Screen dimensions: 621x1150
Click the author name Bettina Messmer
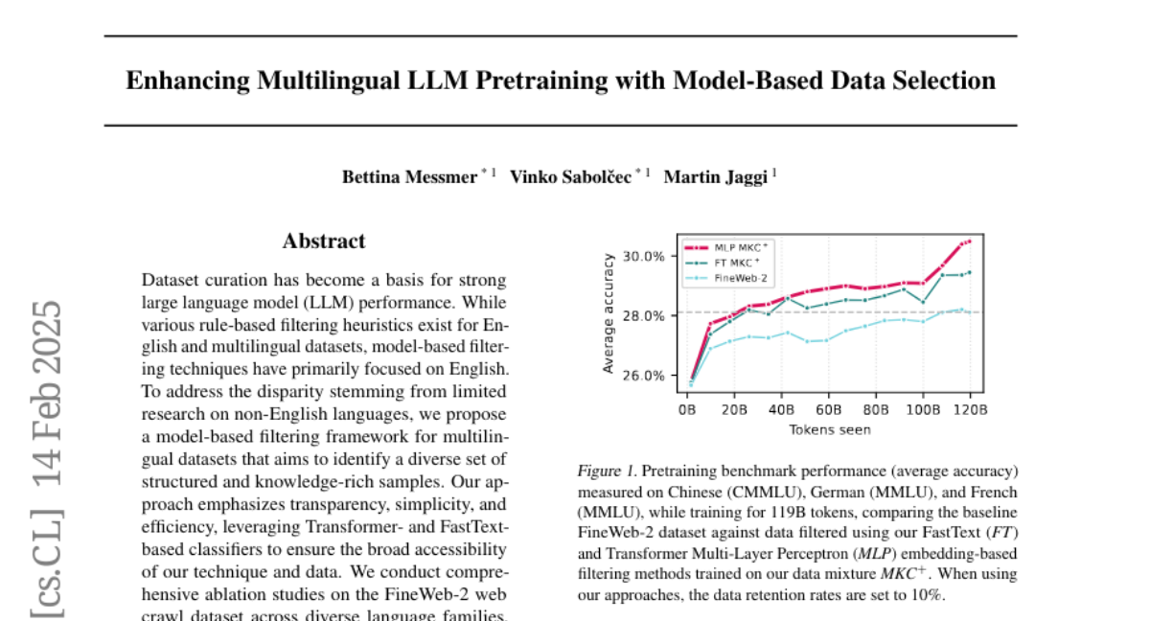click(410, 176)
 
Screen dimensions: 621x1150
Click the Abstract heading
click(324, 241)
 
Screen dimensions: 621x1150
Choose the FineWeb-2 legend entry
click(739, 277)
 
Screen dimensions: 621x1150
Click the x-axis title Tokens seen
click(829, 429)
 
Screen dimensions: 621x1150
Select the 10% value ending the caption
click(929, 594)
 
